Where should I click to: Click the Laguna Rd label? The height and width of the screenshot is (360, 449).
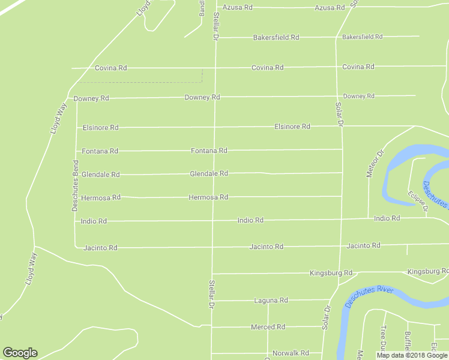click(271, 300)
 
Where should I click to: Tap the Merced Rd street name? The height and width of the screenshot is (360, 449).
click(268, 327)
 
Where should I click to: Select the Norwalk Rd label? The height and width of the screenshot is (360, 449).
click(290, 353)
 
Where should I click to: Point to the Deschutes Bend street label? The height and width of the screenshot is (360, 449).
click(75, 185)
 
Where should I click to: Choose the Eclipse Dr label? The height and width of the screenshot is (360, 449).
click(417, 201)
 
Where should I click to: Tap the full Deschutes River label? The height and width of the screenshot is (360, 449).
click(369, 296)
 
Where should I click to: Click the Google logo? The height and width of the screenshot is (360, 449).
click(20, 353)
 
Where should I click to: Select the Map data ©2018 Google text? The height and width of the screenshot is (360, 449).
click(412, 355)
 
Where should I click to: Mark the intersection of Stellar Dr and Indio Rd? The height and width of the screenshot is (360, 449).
click(213, 221)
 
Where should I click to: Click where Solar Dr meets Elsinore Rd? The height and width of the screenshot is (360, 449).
click(342, 126)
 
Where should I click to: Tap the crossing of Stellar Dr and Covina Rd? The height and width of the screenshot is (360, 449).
click(215, 68)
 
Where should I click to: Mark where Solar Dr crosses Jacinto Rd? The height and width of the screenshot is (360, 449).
click(342, 245)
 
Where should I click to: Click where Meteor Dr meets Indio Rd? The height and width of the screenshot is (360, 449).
click(368, 220)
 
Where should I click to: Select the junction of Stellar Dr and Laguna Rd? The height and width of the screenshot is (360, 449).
click(212, 301)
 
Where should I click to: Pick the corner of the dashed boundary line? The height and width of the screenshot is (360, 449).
click(202, 82)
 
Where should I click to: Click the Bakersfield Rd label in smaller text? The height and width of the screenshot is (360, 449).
click(362, 37)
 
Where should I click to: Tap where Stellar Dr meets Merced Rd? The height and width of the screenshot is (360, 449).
click(212, 327)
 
